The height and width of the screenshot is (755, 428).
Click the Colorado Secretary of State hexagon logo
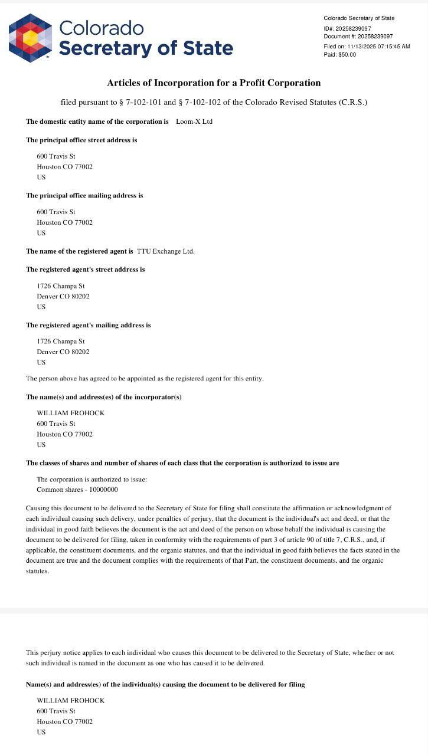click(31, 37)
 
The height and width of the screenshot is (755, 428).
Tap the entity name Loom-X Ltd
click(194, 122)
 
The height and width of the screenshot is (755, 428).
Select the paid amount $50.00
click(347, 55)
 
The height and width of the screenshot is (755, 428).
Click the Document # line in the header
click(358, 37)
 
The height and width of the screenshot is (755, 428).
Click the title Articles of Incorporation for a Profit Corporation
click(214, 83)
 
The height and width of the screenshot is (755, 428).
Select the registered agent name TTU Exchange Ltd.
click(165, 251)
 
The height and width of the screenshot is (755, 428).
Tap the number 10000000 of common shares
click(103, 490)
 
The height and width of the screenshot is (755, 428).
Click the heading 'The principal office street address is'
click(81, 140)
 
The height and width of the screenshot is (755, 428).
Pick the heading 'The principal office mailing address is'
click(84, 195)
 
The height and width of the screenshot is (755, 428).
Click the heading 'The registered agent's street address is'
click(85, 270)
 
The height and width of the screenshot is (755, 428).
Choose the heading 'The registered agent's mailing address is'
click(88, 325)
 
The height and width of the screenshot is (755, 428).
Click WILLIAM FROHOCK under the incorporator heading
click(70, 413)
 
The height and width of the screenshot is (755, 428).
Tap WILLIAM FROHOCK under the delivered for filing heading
click(70, 700)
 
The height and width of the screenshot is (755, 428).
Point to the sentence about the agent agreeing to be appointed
click(145, 378)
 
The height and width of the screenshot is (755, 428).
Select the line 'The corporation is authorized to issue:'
click(92, 480)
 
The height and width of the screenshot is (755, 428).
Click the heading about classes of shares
click(182, 463)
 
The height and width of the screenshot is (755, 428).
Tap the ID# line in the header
click(347, 28)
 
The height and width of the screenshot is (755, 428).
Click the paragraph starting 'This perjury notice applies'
click(210, 658)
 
